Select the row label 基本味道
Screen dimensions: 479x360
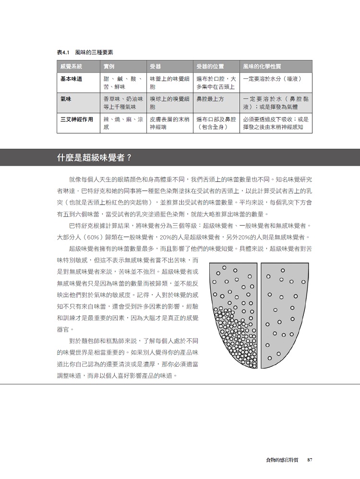(71, 79)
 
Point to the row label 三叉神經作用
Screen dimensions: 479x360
(77, 119)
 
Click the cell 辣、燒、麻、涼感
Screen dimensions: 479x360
(123, 123)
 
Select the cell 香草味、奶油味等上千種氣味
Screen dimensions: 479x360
(123, 103)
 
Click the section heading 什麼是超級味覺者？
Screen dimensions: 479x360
(94, 157)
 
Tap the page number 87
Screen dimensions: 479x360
(310, 460)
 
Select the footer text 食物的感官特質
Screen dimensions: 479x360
(282, 460)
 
